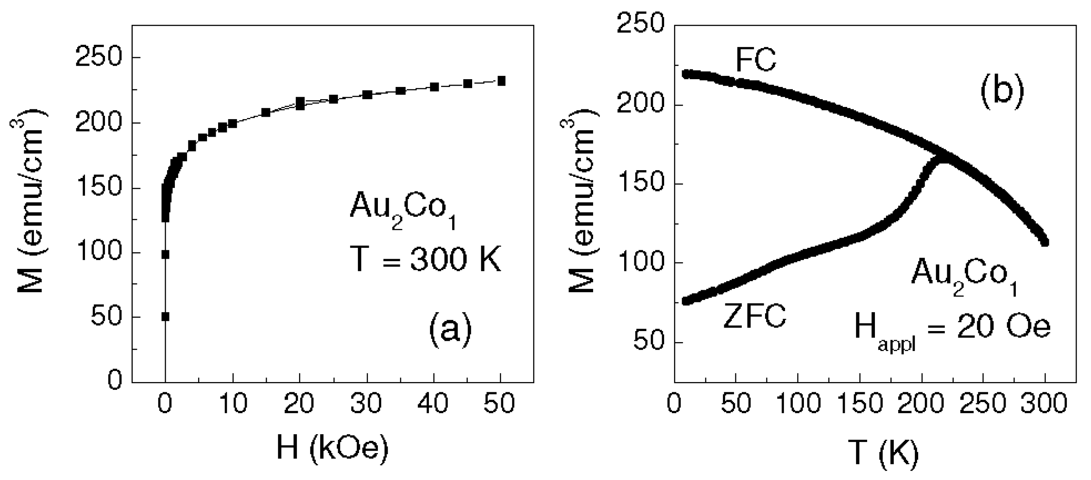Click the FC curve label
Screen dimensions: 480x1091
(x=756, y=60)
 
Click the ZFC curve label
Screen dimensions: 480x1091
(x=754, y=316)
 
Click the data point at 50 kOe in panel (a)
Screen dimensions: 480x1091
(x=501, y=81)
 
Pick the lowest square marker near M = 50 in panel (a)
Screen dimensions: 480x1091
(x=165, y=317)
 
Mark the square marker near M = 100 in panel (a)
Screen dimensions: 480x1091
(x=165, y=254)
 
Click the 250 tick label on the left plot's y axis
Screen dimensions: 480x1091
(x=98, y=57)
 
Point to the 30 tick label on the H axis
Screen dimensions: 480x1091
(x=366, y=403)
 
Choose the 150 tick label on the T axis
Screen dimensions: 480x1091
(x=860, y=403)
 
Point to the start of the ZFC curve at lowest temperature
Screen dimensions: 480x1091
(x=686, y=301)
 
